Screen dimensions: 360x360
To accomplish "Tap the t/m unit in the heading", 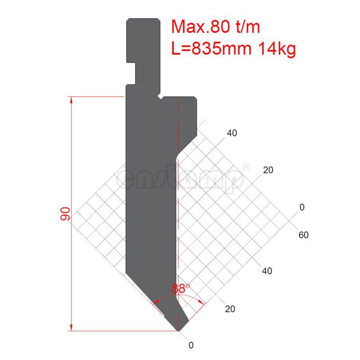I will pos(246,27).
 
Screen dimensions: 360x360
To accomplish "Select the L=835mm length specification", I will pos(211,48).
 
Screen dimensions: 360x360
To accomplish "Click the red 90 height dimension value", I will pos(65,214).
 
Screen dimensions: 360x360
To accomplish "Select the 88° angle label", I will pos(180,288).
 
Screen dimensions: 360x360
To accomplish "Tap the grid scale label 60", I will pos(303,235).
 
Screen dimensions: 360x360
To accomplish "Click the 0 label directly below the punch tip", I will pos(191,346).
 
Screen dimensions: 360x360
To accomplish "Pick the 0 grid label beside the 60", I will pos(302,207).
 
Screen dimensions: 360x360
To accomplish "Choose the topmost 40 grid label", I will pos(232,133).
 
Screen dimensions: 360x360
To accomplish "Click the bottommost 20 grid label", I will pos(230,309).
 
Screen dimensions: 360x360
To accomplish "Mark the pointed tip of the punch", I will pos(179,331).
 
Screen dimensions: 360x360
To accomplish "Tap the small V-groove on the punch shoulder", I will pos(160,96).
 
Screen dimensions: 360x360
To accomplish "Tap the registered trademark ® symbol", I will pos(247,166).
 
